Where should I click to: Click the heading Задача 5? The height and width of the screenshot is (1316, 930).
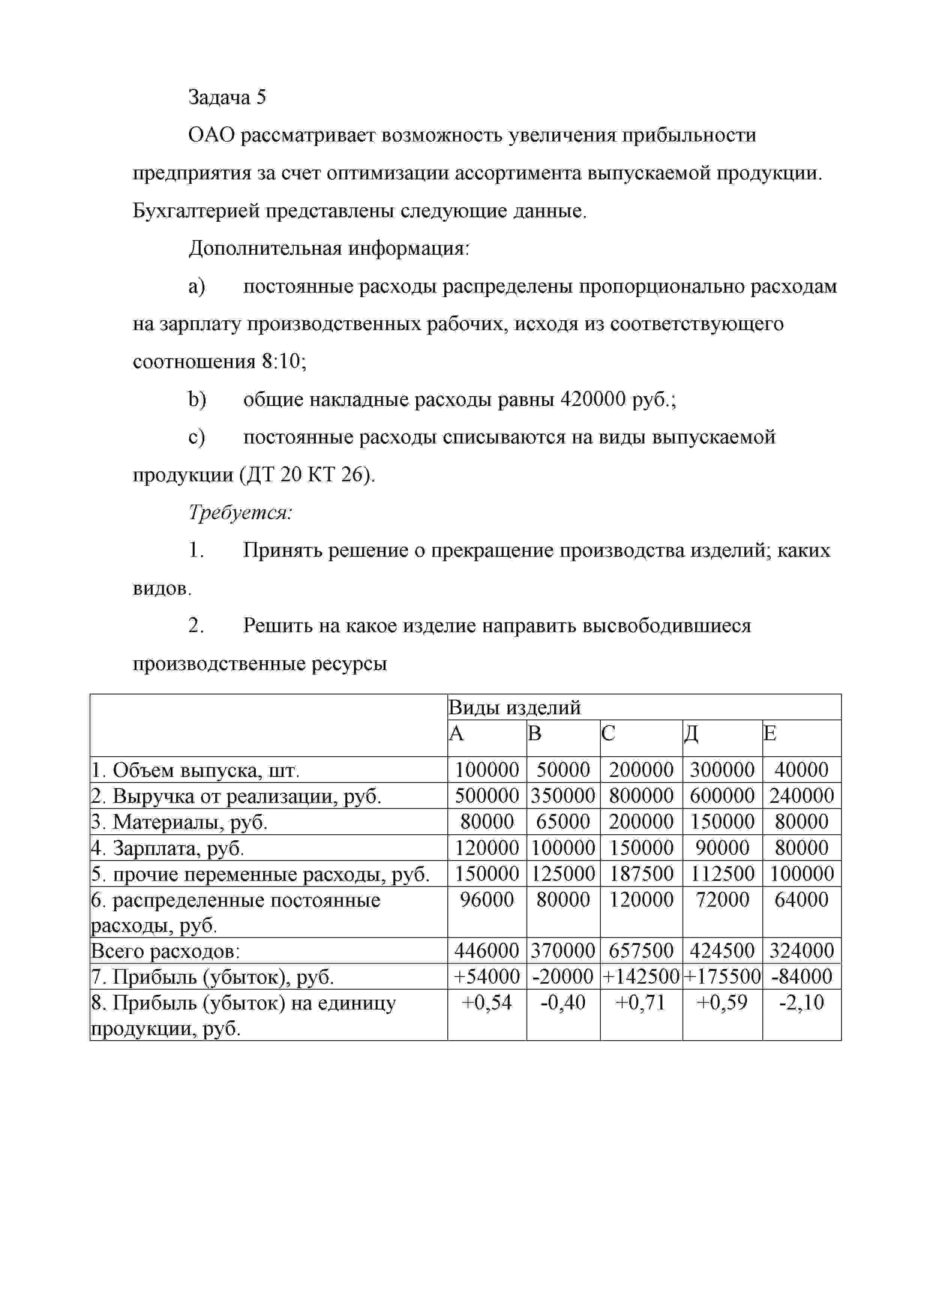[227, 98]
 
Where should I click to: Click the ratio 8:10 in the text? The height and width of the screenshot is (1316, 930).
[281, 362]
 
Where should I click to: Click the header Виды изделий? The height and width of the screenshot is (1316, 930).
[514, 707]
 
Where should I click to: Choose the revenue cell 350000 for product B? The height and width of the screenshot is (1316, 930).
[563, 796]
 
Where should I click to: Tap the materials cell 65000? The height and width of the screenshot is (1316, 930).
[563, 821]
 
